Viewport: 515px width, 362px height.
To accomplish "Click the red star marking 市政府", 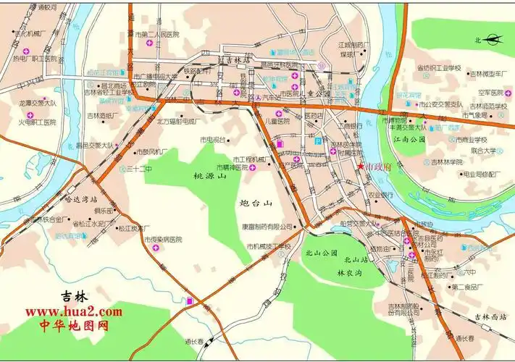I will (361, 167).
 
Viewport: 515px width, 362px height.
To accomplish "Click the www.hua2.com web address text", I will (74, 311).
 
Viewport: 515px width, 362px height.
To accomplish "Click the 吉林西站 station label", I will (491, 316).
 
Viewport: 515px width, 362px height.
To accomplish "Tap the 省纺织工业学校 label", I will (438, 67).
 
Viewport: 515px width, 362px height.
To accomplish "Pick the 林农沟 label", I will (350, 274).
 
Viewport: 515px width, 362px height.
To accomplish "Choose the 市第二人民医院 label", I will (162, 34).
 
